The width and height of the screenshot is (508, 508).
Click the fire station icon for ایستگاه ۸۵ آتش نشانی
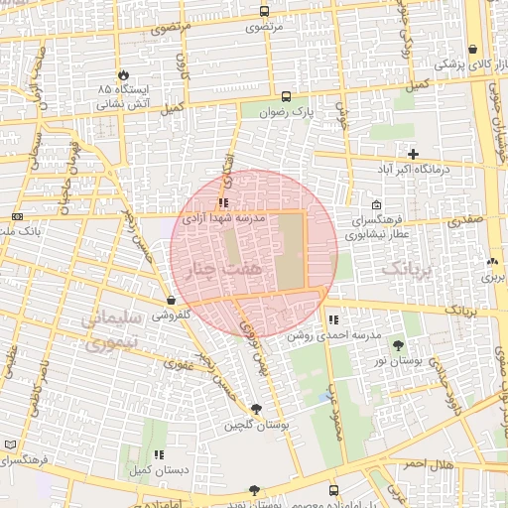click(x=123, y=74)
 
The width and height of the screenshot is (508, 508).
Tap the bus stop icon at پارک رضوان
click(x=287, y=97)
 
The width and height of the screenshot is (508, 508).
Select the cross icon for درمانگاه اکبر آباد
click(x=413, y=154)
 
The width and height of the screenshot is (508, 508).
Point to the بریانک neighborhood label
click(x=408, y=269)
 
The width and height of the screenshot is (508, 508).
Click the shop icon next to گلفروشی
click(x=172, y=300)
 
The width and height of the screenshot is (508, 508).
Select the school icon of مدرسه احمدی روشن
click(x=334, y=320)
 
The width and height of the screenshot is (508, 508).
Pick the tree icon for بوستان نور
click(x=398, y=346)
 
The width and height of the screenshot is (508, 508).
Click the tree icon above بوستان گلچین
click(x=257, y=409)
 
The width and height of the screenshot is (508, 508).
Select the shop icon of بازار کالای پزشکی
click(x=472, y=49)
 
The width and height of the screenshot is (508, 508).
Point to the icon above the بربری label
click(x=493, y=263)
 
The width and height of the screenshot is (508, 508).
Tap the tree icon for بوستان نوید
click(x=255, y=490)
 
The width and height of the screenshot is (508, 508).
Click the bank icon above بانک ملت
click(x=17, y=216)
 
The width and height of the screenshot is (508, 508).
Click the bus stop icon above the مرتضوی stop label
click(x=264, y=12)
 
